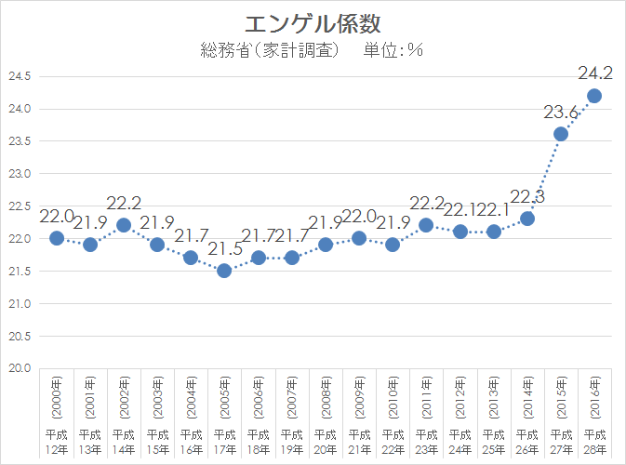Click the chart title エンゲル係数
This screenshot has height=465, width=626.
pyautogui.click(x=313, y=21)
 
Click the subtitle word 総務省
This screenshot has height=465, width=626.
pyautogui.click(x=221, y=50)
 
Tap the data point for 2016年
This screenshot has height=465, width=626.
pyautogui.click(x=594, y=96)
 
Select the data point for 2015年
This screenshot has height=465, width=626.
pyautogui.click(x=561, y=134)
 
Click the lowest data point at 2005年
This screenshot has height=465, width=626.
pyautogui.click(x=224, y=271)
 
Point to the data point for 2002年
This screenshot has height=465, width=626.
pyautogui.click(x=124, y=225)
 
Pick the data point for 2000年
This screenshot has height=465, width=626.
pyautogui.click(x=57, y=238)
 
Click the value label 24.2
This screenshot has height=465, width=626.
pyautogui.click(x=594, y=72)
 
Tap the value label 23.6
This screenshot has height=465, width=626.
pyautogui.click(x=561, y=113)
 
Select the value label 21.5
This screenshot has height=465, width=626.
pyautogui.click(x=224, y=249)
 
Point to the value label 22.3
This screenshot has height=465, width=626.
pyautogui.click(x=527, y=196)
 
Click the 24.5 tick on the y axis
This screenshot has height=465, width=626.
pyautogui.click(x=20, y=76)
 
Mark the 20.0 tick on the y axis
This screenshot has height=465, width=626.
pyautogui.click(x=20, y=368)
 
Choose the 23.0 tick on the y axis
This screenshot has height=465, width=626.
pyautogui.click(x=20, y=174)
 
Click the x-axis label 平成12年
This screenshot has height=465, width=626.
pyautogui.click(x=57, y=442)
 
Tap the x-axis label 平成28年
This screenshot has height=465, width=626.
pyautogui.click(x=594, y=442)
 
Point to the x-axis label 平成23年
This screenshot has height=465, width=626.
pyautogui.click(x=426, y=442)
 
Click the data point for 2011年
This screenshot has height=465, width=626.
pyautogui.click(x=426, y=225)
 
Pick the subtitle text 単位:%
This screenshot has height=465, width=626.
pyautogui.click(x=391, y=50)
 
